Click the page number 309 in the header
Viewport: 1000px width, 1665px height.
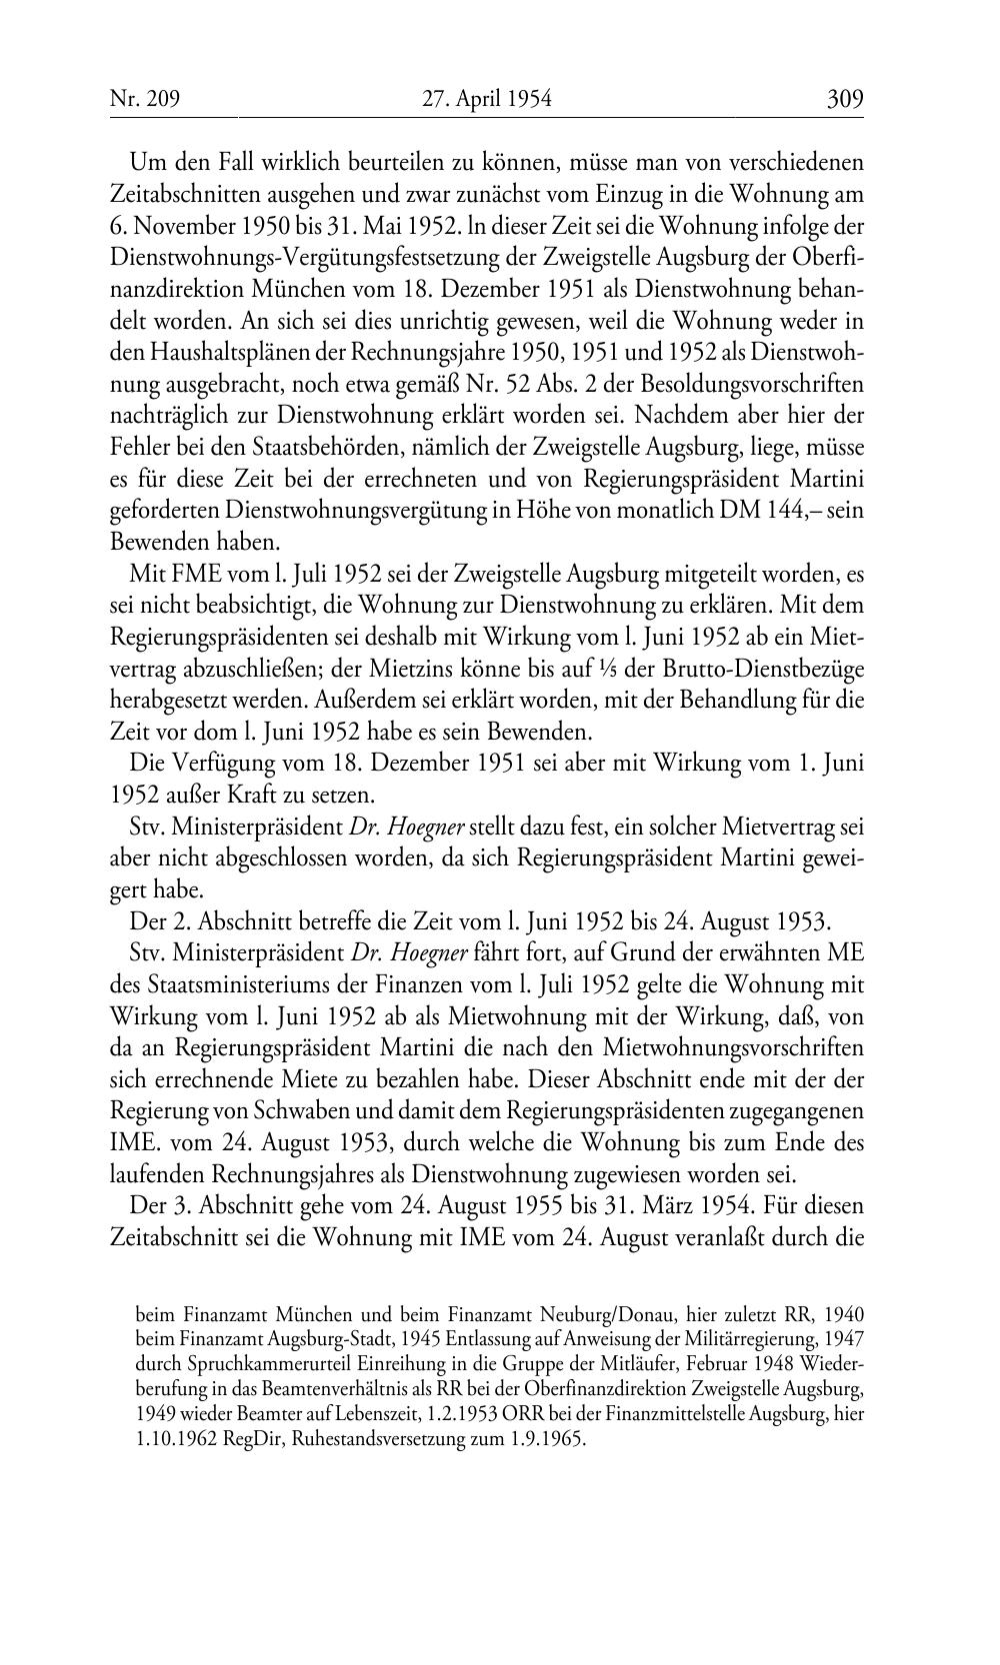pyautogui.click(x=844, y=99)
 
